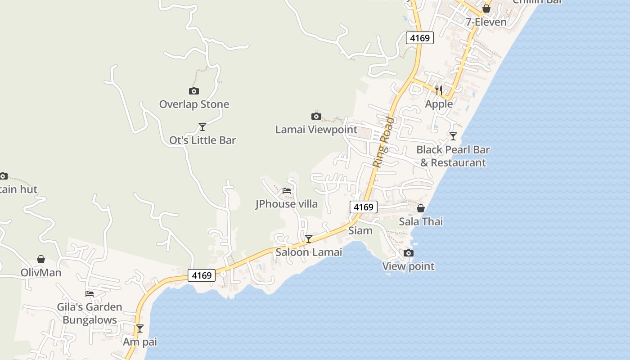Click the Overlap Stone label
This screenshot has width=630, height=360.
point(194,104)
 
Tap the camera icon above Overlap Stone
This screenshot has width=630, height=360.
point(194,91)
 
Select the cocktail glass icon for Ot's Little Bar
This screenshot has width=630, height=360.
point(202,127)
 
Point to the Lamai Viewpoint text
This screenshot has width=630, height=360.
point(316,130)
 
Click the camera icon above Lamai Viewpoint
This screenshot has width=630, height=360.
point(316,117)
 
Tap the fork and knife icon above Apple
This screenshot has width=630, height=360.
point(439,90)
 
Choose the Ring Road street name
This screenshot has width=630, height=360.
point(383,142)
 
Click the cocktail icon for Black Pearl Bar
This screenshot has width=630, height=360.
point(453,136)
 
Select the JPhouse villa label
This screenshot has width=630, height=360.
point(286,204)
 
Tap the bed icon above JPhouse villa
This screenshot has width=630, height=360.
point(287,191)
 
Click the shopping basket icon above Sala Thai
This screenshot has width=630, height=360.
point(421,208)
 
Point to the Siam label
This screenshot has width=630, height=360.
point(360,230)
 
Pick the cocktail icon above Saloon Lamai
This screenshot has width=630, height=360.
point(309,239)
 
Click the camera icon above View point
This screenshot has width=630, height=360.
point(409,253)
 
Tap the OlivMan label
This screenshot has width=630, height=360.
point(41,273)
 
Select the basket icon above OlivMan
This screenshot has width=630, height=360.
point(41,259)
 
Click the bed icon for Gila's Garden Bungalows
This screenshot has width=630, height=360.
point(90,294)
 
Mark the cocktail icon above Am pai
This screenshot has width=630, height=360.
point(140,328)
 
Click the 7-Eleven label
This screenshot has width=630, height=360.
point(486,22)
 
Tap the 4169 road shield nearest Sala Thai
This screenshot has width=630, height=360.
point(363,207)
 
